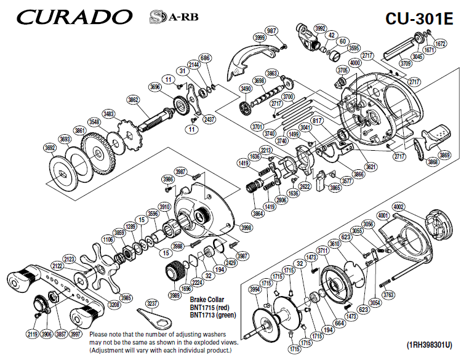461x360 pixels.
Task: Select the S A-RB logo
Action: click(164, 15)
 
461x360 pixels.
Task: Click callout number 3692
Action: click(50, 148)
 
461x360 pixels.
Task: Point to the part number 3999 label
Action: click(260, 38)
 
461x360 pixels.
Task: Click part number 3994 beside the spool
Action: click(254, 289)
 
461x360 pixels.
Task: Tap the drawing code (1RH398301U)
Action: click(429, 345)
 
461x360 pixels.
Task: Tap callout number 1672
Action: click(440, 44)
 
